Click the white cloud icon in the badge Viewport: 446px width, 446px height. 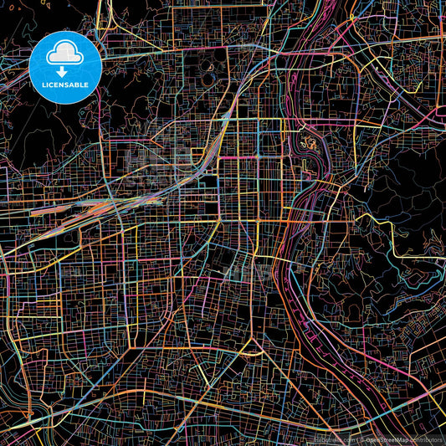[64, 54]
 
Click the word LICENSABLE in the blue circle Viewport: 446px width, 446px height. [65, 84]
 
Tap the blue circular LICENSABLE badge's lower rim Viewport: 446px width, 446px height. [65, 102]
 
